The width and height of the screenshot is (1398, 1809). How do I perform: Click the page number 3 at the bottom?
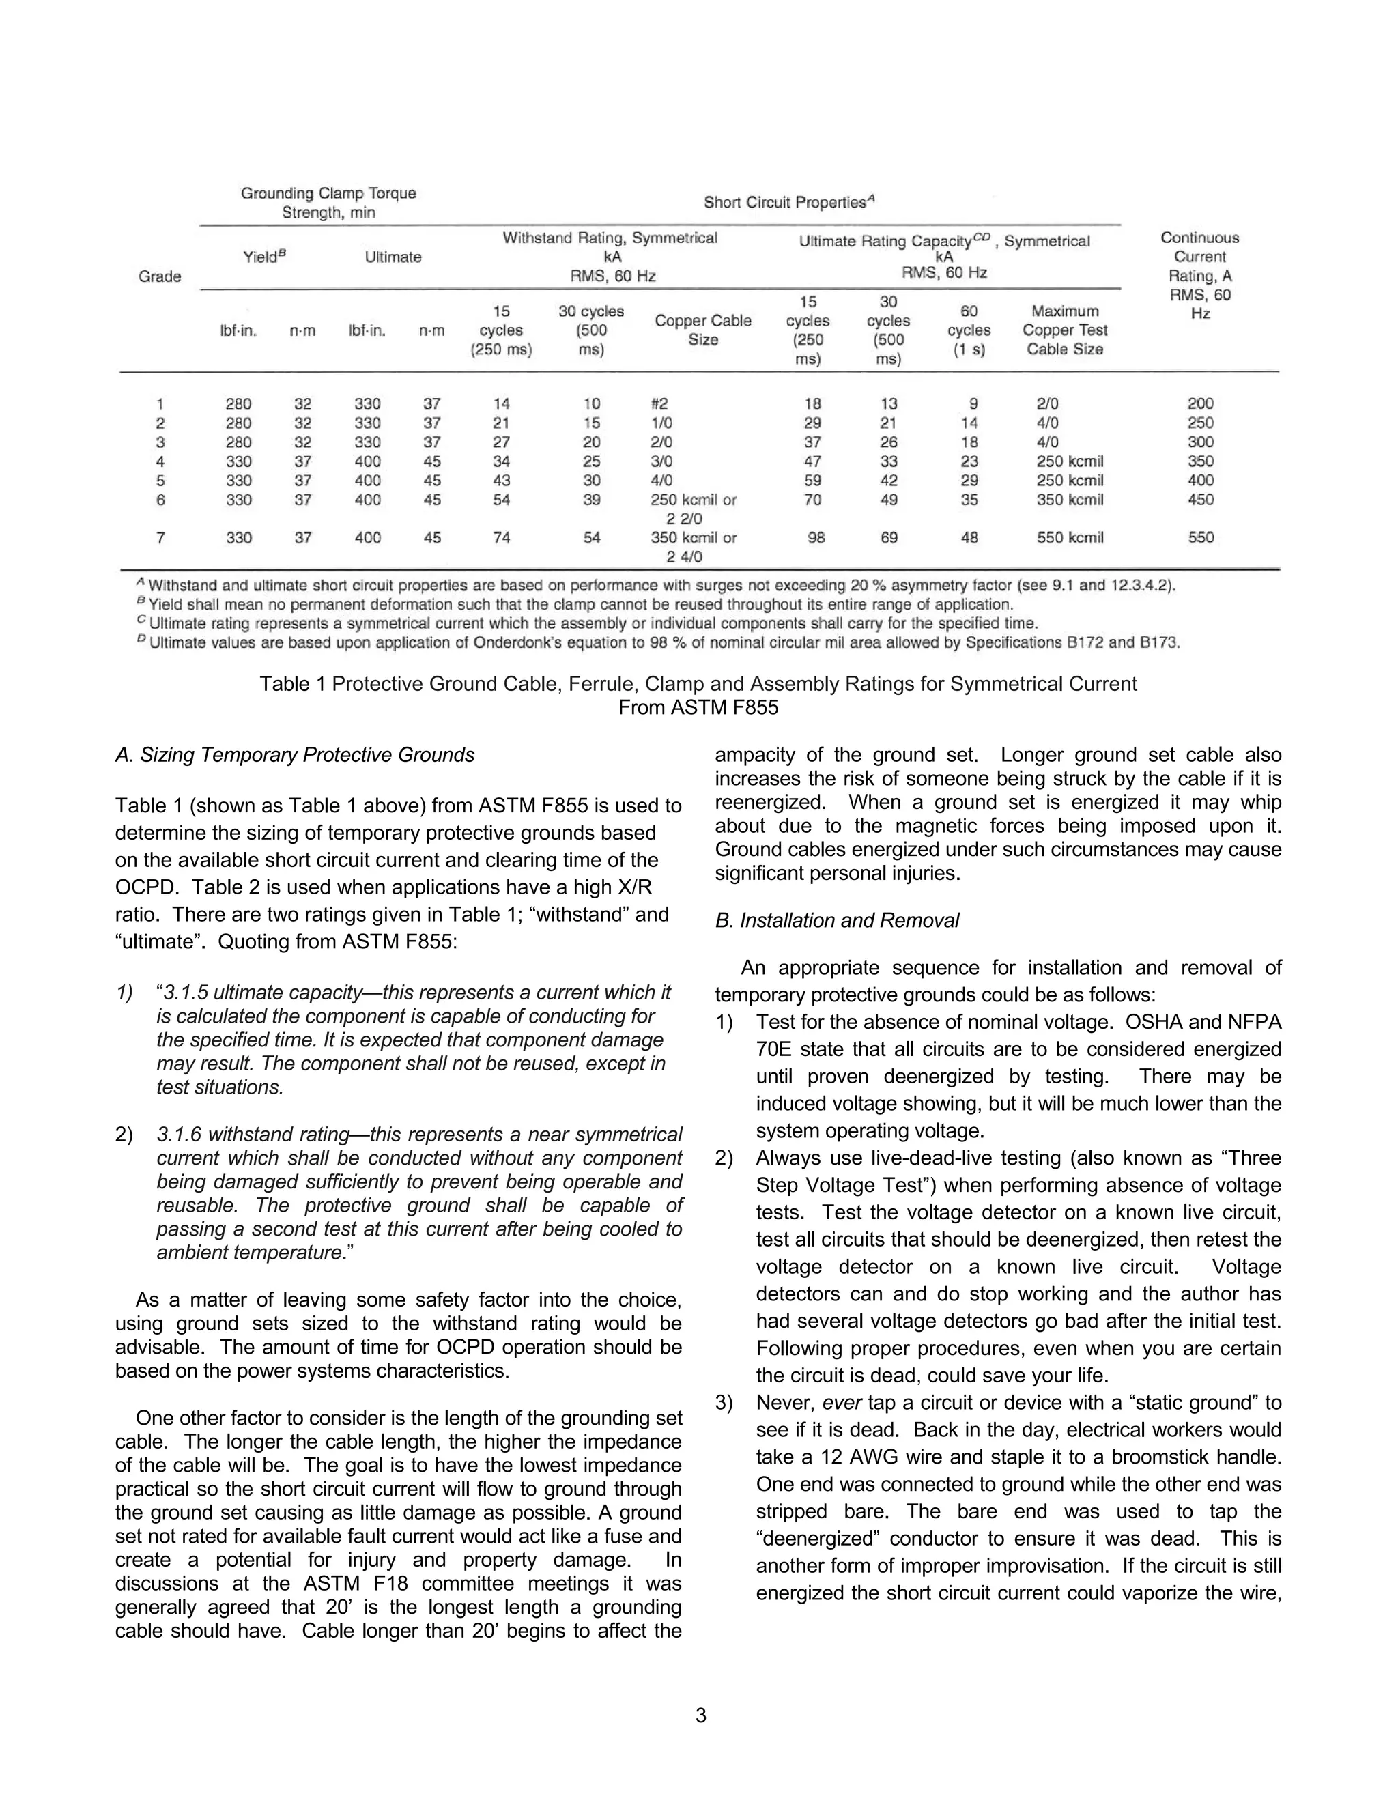tap(700, 1715)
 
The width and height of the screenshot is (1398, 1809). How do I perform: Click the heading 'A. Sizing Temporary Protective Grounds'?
tap(295, 754)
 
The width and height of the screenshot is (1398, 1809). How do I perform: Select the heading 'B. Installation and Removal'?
tap(838, 920)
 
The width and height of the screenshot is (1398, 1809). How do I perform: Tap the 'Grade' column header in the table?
tap(160, 276)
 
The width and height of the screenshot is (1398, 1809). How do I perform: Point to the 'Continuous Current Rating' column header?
tap(1199, 275)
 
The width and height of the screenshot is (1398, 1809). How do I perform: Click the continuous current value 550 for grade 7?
tap(1200, 537)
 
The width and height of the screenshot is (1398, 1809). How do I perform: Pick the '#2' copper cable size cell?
tap(659, 404)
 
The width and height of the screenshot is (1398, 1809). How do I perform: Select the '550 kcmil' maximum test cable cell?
tap(1070, 537)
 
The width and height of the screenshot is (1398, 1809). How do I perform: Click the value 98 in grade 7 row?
tap(816, 537)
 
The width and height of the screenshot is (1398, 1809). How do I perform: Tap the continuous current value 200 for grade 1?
tap(1200, 404)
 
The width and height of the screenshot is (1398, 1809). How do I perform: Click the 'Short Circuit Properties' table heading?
tap(788, 202)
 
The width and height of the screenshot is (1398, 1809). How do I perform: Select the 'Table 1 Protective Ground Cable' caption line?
tap(698, 683)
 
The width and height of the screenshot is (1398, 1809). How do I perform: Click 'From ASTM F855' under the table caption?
tap(698, 707)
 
